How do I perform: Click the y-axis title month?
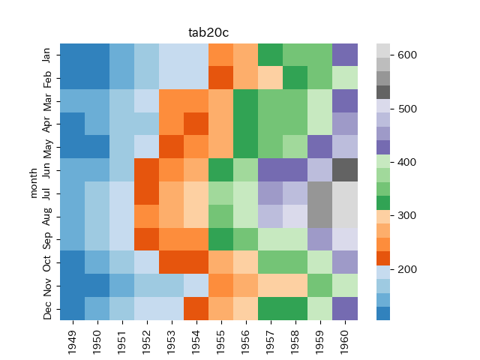33,182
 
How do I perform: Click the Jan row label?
47,55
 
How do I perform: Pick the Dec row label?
47,308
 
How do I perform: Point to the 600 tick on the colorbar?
406,55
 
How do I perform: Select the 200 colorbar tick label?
406,269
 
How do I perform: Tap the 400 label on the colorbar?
406,162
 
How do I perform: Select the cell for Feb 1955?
221,78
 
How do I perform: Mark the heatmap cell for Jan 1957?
271,55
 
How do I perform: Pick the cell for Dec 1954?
196,308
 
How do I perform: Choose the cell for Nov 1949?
73,285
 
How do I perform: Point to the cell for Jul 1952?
147,193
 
